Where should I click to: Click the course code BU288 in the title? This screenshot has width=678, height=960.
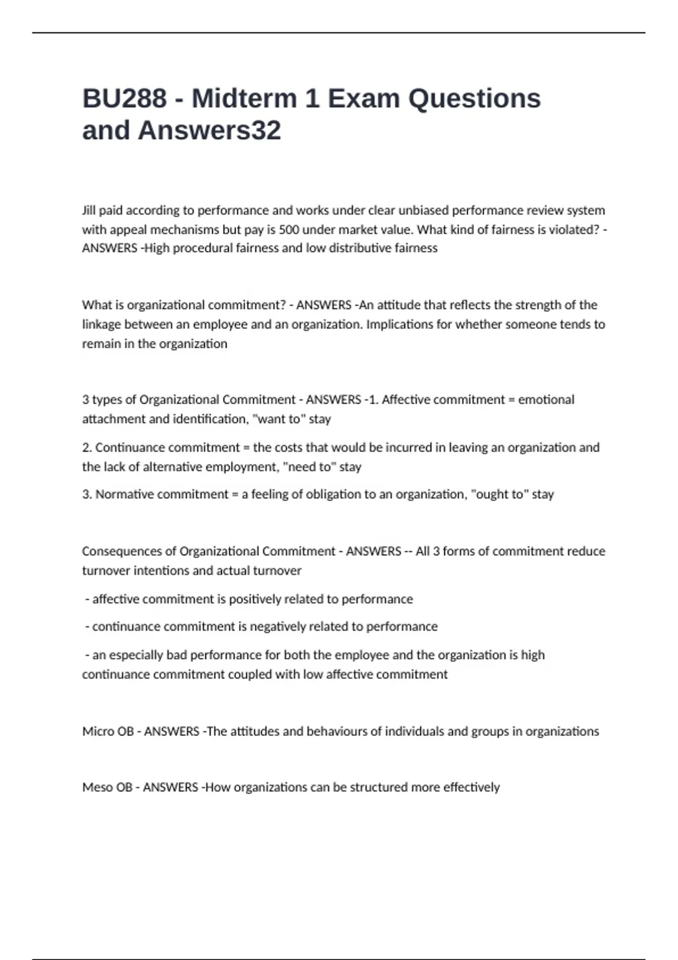tap(125, 99)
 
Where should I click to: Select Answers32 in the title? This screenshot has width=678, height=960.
tap(209, 130)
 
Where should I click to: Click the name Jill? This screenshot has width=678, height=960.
tap(89, 211)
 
